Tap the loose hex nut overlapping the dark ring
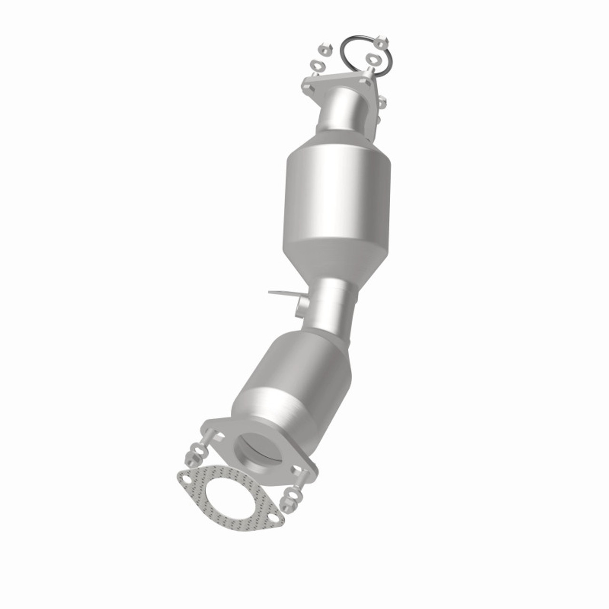[382, 42]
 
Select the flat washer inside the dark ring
[371, 59]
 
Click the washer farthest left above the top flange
[314, 65]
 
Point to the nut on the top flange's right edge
[381, 102]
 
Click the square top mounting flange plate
[333, 84]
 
